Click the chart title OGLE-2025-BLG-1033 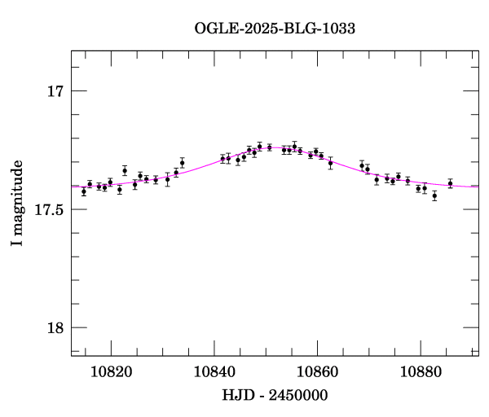tap(275, 28)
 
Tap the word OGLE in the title tap(214, 28)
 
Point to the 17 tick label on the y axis tap(56, 91)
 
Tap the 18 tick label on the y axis tap(56, 328)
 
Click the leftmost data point tap(84, 191)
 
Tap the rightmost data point tap(450, 184)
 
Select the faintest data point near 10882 tap(434, 195)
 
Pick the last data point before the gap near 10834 tap(183, 163)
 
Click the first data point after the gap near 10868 tap(362, 165)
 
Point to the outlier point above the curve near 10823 tap(125, 170)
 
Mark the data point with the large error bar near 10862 tap(330, 163)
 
